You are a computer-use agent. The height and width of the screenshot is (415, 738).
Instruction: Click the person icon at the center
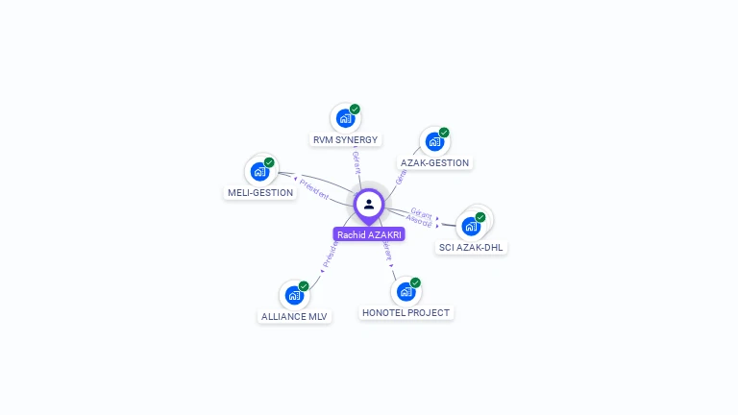369,204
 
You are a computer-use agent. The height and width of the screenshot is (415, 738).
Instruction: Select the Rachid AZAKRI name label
370,234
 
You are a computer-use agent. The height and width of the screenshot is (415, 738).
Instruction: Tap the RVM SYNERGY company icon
344,119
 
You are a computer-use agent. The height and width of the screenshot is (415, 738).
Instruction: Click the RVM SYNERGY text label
345,139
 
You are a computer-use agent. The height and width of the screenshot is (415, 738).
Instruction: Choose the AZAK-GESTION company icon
434,142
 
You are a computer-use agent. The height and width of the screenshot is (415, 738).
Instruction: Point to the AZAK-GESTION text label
434,163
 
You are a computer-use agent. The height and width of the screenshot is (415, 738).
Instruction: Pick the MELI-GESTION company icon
259,172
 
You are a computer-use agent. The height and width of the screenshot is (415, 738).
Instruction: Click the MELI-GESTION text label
260,192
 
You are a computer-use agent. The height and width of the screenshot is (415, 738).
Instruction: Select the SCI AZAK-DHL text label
471,247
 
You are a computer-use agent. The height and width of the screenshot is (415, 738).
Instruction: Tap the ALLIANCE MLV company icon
293,295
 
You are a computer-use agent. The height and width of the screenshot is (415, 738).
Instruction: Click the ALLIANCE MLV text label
294,316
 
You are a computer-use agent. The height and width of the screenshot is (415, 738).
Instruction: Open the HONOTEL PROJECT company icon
406,291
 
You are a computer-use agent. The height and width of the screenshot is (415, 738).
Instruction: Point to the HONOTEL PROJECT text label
406,312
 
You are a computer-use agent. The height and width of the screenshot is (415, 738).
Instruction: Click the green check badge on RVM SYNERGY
355,110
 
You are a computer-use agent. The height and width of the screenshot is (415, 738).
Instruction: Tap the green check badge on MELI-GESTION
269,162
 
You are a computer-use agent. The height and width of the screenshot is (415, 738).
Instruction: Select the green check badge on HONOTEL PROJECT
415,282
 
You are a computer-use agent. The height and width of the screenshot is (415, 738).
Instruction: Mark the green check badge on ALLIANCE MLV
304,286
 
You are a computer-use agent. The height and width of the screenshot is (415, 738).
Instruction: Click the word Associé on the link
419,221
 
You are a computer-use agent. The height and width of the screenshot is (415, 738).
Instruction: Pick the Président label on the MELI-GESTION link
313,187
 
